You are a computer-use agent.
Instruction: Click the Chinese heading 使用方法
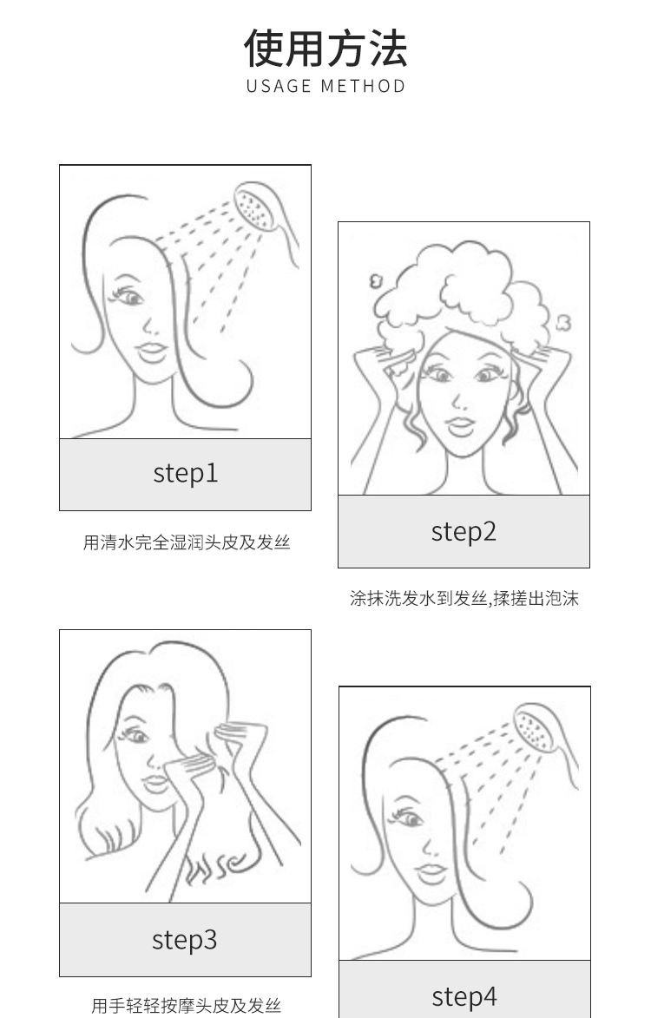325,48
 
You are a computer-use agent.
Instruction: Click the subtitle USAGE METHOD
325,86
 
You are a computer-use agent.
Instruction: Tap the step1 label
186,473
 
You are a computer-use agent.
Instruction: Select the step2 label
464,532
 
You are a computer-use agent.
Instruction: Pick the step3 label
184,939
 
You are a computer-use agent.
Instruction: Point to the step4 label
464,996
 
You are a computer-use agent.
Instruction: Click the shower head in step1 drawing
256,207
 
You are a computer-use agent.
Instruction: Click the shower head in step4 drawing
536,728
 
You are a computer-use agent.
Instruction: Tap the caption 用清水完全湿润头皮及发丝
187,542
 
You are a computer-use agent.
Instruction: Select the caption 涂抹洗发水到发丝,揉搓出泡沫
464,598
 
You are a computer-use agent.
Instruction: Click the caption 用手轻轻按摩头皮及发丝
187,1006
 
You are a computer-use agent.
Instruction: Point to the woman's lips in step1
153,351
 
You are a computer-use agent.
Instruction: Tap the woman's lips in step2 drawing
460,426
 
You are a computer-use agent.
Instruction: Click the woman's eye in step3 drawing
135,736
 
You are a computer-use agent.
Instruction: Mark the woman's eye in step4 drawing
408,818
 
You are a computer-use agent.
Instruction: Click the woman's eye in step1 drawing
128,297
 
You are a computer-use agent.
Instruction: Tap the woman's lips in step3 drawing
155,783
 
